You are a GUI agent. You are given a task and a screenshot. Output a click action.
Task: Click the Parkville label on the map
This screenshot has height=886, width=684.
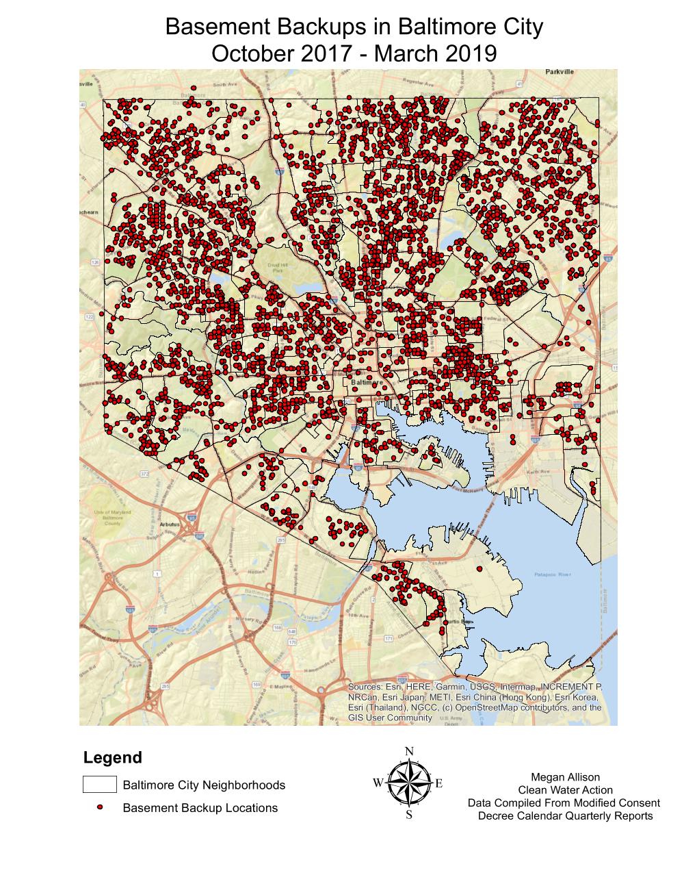point(560,71)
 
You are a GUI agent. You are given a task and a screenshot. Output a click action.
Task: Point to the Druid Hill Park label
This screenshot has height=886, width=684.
point(276,267)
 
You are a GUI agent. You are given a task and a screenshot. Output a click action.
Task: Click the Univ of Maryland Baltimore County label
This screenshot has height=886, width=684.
point(107,517)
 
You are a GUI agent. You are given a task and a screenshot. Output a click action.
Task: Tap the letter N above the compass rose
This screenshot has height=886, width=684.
point(409,751)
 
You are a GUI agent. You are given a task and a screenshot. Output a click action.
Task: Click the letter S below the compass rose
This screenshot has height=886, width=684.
point(409,815)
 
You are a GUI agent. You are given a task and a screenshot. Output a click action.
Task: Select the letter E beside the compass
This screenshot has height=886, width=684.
point(438,783)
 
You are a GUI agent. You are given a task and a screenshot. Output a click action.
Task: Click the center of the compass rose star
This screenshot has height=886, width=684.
point(409,783)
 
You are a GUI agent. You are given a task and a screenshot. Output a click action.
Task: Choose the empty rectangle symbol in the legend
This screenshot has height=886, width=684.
point(99,785)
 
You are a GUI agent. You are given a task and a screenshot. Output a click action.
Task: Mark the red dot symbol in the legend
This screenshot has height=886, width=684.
point(100,808)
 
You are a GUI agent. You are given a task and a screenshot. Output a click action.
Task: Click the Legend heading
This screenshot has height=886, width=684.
point(112,758)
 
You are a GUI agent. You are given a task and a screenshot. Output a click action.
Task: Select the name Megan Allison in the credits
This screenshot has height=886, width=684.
point(565,777)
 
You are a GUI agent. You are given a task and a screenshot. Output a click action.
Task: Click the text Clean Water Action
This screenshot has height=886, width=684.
point(565,790)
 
